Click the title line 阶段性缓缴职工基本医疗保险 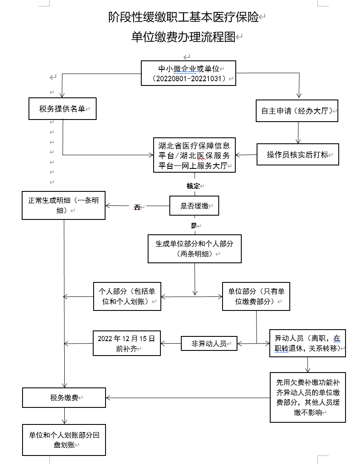[x=184, y=17]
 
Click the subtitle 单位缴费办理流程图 [x=184, y=37]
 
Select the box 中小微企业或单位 [x=189, y=73]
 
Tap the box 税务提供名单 [x=62, y=109]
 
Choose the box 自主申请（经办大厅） [x=297, y=111]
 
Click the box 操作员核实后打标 [x=297, y=154]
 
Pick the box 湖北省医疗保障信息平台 [x=194, y=155]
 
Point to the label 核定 [x=193, y=186]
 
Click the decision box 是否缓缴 [x=194, y=206]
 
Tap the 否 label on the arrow [x=137, y=207]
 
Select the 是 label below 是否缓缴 [x=194, y=225]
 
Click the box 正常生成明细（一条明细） [x=63, y=205]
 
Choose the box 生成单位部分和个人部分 [x=194, y=249]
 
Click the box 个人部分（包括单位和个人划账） [x=127, y=296]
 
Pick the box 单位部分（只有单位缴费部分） [x=256, y=296]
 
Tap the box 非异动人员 [x=209, y=344]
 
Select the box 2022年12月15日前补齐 [x=127, y=344]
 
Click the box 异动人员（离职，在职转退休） [x=307, y=343]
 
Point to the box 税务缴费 [x=64, y=398]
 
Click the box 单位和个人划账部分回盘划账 [x=64, y=440]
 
